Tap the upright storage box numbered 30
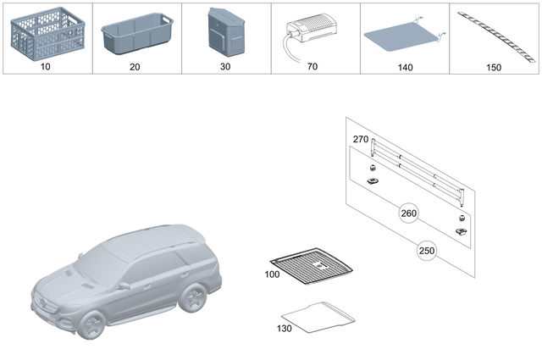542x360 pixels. (x=226, y=33)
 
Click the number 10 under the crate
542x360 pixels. (x=47, y=65)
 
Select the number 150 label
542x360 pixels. (x=495, y=65)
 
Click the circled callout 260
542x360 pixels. (x=409, y=215)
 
